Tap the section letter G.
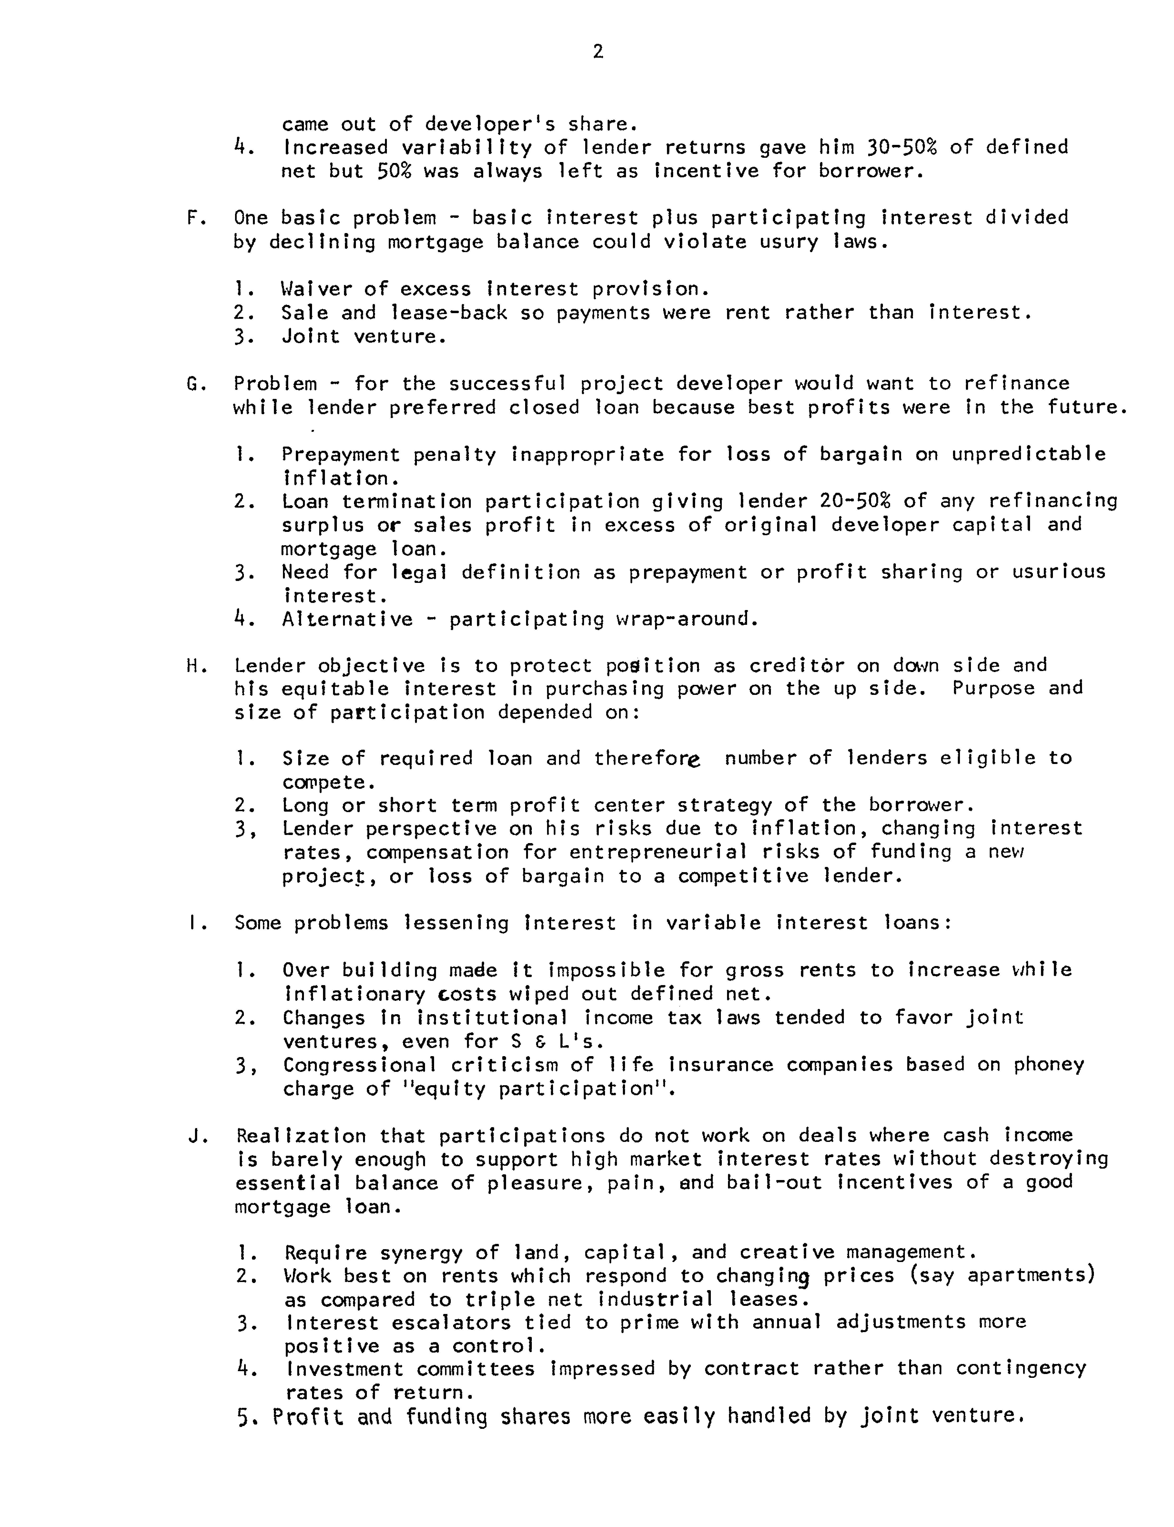click(x=193, y=383)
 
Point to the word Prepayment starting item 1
click(x=340, y=455)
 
